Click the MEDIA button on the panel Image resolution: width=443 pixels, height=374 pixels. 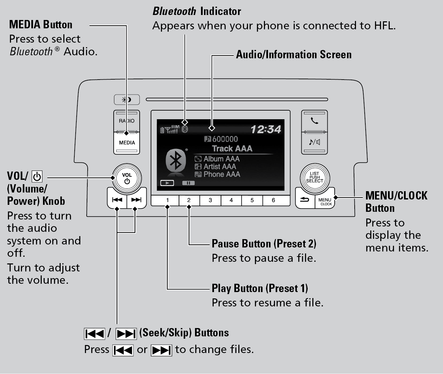coord(127,143)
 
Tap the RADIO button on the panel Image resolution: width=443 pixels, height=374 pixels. coord(127,121)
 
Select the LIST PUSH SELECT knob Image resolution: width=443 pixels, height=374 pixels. coord(314,178)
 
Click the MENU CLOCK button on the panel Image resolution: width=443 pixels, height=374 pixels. coord(325,201)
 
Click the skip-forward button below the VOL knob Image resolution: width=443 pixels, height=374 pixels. coord(136,200)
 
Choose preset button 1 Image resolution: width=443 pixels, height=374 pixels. coord(167,200)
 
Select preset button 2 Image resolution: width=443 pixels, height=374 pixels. coord(189,200)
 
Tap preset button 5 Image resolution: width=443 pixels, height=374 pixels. coord(252,200)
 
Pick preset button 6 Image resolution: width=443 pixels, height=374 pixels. coord(273,200)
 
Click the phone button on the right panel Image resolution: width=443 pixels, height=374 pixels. coord(314,121)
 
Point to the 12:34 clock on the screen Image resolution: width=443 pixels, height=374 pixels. coord(266,129)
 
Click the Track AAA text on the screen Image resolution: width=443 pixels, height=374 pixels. coord(232,149)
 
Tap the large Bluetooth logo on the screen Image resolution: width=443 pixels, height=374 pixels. coord(176,161)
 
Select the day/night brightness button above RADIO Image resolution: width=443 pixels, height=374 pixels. coord(127,100)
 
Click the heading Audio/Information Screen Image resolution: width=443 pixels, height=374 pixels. coord(294,55)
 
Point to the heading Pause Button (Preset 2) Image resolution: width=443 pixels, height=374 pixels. coord(264,244)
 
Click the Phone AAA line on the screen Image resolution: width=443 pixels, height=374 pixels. coord(221,174)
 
